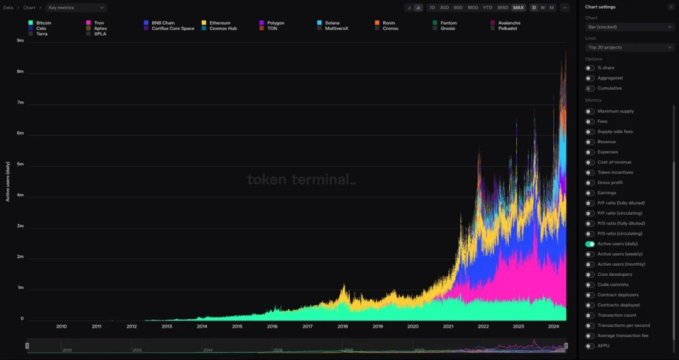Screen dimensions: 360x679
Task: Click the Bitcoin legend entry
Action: (43, 23)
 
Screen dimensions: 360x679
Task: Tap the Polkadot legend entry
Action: (507, 28)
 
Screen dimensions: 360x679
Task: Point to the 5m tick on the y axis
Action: (20, 165)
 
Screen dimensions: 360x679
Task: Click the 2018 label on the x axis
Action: (343, 326)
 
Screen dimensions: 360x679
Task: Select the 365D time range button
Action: (502, 8)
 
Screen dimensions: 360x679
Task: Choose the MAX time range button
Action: (518, 8)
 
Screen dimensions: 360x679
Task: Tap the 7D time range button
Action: (431, 8)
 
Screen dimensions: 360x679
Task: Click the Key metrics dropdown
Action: (76, 8)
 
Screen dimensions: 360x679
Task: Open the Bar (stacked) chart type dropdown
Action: (629, 27)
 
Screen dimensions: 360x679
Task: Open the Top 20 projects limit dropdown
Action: (629, 47)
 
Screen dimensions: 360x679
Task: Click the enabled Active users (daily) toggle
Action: (590, 244)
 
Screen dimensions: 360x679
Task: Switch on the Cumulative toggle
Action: (590, 88)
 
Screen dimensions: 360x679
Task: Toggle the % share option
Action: (590, 68)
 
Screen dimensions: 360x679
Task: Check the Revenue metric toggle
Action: (590, 142)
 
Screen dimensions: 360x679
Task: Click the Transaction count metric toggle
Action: (590, 315)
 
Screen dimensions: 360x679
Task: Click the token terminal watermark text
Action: (301, 180)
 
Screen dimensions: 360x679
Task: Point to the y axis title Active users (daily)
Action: (8, 181)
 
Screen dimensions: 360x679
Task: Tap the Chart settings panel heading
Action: (600, 7)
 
